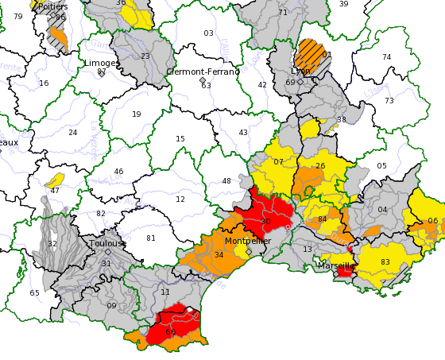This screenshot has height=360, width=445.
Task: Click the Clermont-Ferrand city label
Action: tap(203, 72)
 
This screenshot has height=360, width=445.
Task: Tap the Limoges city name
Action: tap(102, 63)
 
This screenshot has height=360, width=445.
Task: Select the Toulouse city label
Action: tap(107, 243)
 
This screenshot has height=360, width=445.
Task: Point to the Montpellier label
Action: tap(248, 241)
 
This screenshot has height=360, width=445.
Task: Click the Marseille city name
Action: tap(335, 265)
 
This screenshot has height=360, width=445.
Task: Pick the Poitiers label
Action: tap(52, 6)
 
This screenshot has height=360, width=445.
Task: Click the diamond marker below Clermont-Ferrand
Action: tap(203, 80)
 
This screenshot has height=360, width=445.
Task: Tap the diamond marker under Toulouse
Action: tap(108, 252)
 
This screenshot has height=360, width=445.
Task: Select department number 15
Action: tap(180, 139)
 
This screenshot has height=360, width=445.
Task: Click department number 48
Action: tap(226, 181)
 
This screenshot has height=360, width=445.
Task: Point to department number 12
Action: tap(180, 199)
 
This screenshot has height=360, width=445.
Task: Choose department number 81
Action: tap(151, 238)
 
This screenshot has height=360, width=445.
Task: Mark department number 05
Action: tap(381, 166)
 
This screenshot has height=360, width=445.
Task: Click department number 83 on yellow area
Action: tap(385, 262)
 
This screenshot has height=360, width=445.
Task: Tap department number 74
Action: tap(386, 57)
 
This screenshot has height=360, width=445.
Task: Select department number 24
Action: tap(73, 133)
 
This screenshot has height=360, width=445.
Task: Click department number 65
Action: tap(34, 293)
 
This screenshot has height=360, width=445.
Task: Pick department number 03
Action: tap(208, 33)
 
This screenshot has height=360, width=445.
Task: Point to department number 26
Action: tap(320, 166)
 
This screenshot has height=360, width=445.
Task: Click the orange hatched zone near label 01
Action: tap(308, 54)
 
